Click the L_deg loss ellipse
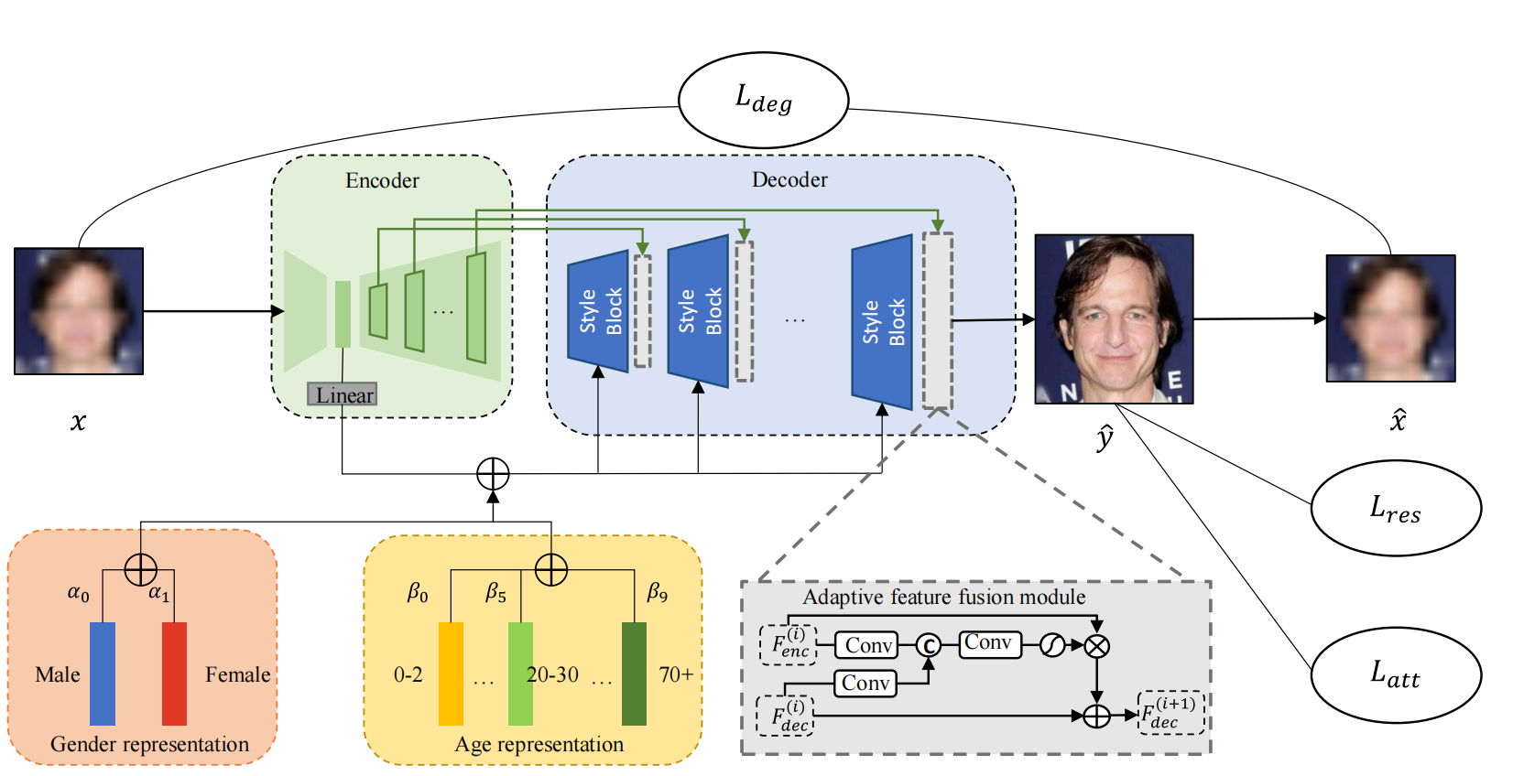763,100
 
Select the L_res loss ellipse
1395,508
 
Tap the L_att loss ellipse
1395,674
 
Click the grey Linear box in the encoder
343,394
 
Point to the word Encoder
382,180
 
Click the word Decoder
789,179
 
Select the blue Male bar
103,674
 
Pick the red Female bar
174,674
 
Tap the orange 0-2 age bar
451,674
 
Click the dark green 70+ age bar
634,674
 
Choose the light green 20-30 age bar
520,674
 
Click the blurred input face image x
79,311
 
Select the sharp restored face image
1114,318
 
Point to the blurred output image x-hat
1390,318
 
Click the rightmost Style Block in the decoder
882,321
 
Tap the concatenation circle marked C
929,646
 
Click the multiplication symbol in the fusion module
1096,646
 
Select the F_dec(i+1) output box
1170,713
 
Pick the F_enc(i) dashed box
788,644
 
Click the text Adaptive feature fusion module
944,598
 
